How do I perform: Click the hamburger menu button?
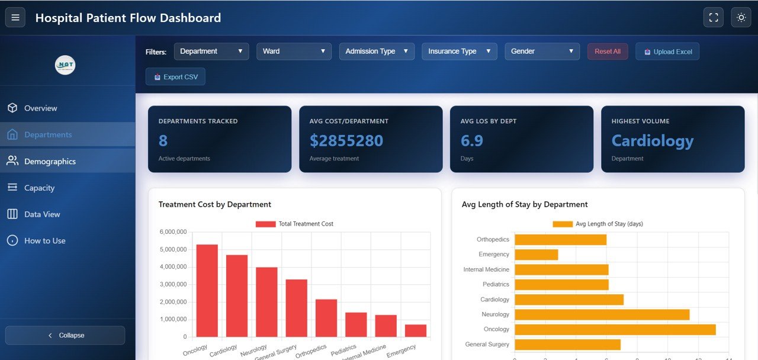pos(15,18)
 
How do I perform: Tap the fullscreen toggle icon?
pos(713,18)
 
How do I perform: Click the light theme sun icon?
pos(741,18)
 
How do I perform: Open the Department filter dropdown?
pos(211,52)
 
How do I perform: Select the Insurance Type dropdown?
pos(459,52)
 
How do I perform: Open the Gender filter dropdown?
pos(542,52)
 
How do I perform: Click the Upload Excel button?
pos(667,52)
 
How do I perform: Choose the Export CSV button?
pos(175,77)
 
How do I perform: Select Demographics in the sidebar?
pos(50,161)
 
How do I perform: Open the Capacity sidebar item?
pos(39,188)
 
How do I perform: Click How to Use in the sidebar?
pos(44,240)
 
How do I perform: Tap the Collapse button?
pos(65,335)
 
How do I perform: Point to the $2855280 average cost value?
pos(346,141)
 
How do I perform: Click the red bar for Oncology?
pos(207,290)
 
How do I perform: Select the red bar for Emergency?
pos(415,330)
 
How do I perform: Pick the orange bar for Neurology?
pos(602,314)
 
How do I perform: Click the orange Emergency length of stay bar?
pos(536,255)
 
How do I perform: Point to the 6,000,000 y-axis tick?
pos(173,232)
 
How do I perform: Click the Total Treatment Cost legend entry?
pos(294,224)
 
